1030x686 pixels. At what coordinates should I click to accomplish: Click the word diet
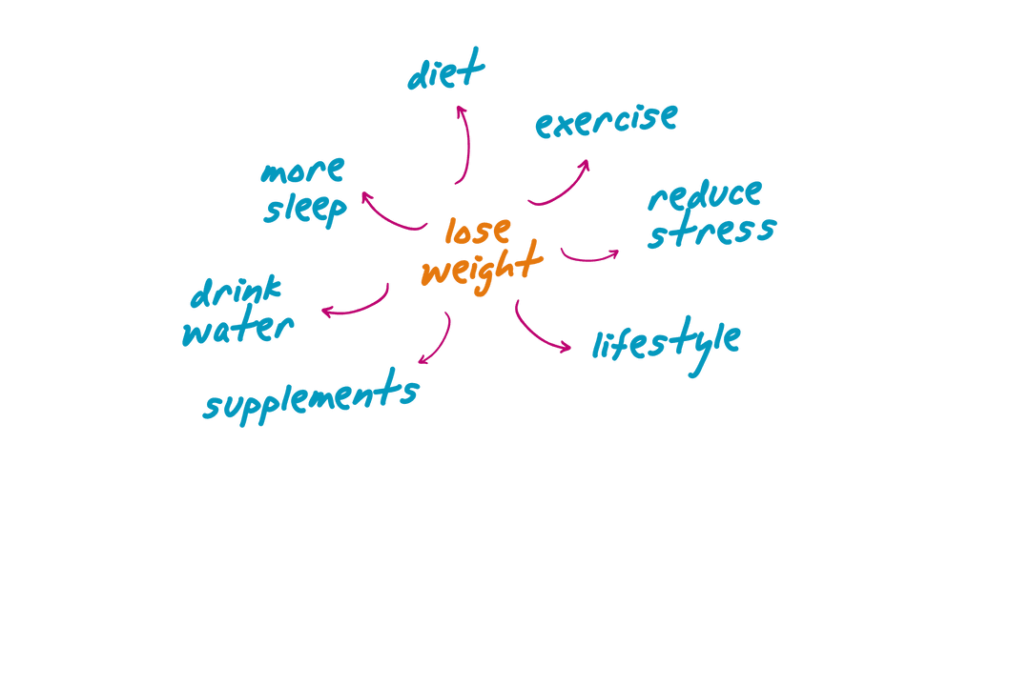445,73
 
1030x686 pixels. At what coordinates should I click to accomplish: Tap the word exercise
607,121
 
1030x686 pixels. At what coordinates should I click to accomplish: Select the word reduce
706,195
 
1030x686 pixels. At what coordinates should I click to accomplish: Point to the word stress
711,232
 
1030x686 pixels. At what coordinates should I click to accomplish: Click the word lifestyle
666,343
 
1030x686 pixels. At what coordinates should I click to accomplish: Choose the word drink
237,293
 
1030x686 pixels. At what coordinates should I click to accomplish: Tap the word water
238,330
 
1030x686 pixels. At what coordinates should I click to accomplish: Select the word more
302,173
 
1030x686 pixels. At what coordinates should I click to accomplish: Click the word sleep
305,210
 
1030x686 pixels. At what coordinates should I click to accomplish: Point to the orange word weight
482,267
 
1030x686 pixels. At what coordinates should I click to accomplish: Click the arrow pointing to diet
466,143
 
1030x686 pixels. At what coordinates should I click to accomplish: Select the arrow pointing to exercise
563,183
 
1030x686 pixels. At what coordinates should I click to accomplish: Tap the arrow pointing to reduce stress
589,255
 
